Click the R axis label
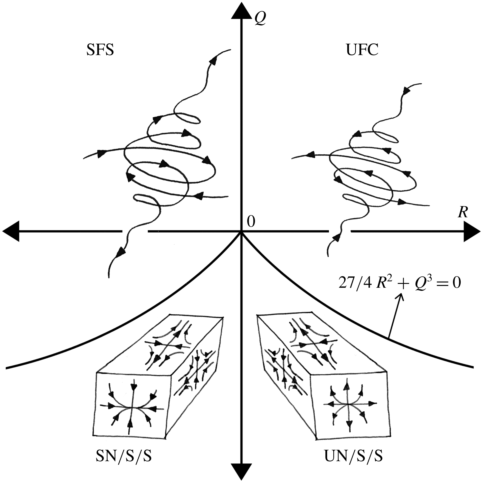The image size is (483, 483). click(462, 213)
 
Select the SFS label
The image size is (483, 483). click(100, 50)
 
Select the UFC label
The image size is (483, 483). click(362, 50)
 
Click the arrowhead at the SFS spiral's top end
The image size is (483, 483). click(213, 60)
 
